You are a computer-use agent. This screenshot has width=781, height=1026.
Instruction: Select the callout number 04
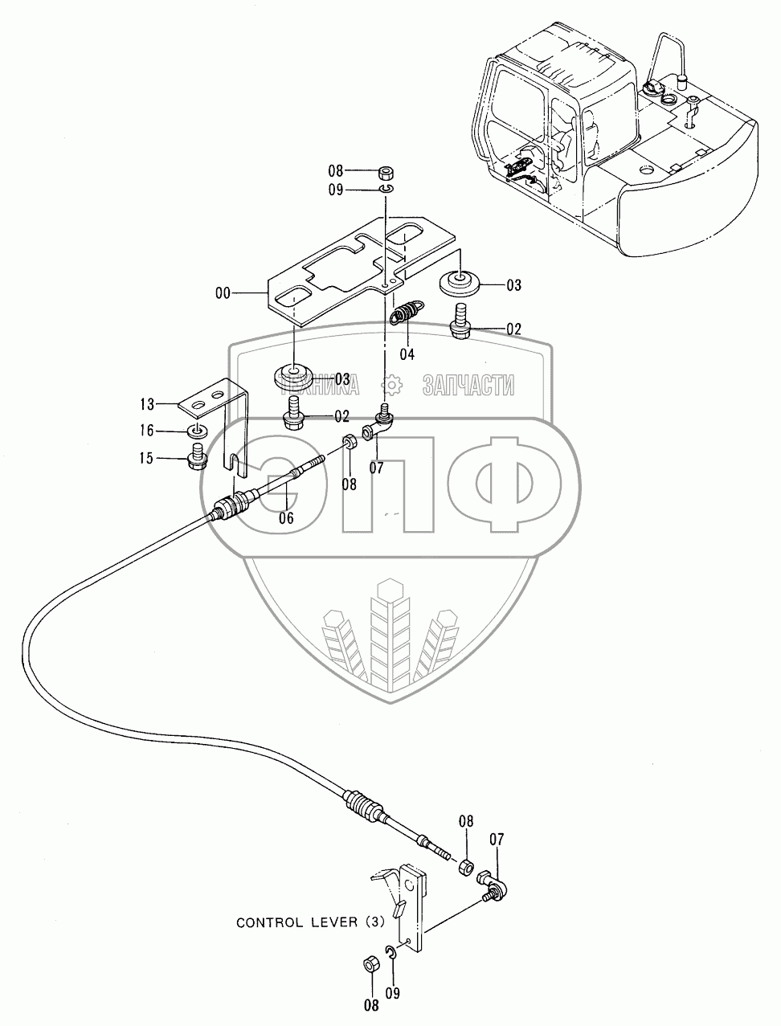pyautogui.click(x=407, y=354)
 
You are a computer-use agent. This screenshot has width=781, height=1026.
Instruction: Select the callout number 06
pyautogui.click(x=286, y=518)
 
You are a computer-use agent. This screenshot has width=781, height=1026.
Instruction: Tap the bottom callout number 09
pyautogui.click(x=392, y=992)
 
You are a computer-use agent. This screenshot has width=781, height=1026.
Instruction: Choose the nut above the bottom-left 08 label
pyautogui.click(x=371, y=963)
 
